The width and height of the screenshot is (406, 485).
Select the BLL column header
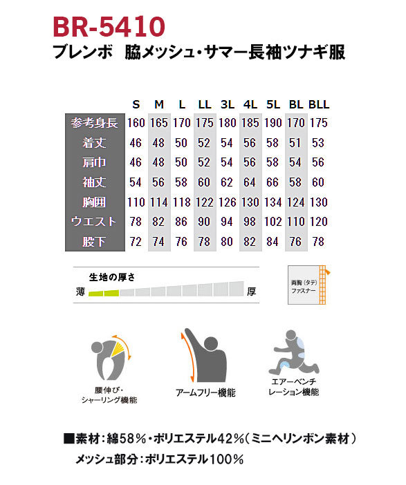coord(319,104)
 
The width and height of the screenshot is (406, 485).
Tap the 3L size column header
coord(227,104)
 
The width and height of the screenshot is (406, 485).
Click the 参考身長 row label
coord(95,124)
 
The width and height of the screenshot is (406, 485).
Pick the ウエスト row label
coord(95,222)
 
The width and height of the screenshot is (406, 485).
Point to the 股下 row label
coord(95,242)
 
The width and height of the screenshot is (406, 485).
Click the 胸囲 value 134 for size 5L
coord(273,203)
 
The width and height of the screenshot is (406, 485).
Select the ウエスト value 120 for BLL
coord(318,222)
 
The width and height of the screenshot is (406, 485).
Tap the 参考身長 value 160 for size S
coord(136,124)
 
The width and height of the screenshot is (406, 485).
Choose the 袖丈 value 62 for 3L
coord(227,183)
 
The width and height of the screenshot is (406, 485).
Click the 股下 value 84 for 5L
coord(273,242)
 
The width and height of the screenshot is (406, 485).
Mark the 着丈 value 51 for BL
coord(297,144)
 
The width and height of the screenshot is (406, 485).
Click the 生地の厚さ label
coord(111,276)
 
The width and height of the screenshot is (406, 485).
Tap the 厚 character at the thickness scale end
coord(252,292)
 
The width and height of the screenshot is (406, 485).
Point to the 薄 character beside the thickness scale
coord(80,292)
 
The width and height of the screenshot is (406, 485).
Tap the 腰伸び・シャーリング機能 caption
coord(109,395)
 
